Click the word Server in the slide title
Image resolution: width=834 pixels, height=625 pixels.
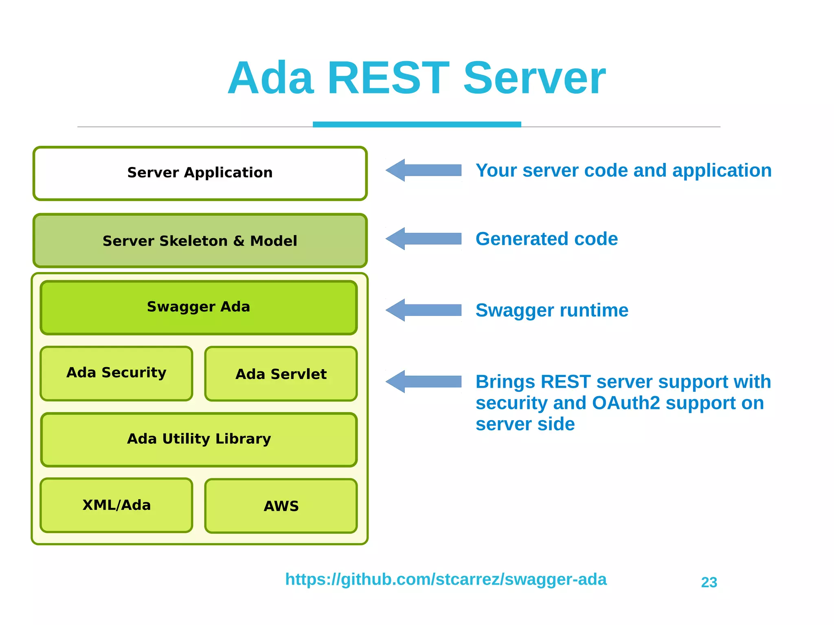[534, 78]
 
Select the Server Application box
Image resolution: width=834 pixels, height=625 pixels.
[200, 173]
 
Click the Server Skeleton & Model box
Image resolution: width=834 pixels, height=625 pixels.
[200, 241]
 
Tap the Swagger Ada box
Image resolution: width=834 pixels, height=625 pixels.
[199, 307]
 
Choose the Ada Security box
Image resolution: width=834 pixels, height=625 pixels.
[116, 373]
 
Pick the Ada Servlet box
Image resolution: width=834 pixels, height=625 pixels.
[281, 374]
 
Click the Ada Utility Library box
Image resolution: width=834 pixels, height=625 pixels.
[199, 439]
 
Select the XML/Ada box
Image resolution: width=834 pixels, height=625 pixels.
[116, 505]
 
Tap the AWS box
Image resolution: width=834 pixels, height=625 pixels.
[281, 506]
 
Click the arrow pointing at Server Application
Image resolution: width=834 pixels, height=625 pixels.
[424, 170]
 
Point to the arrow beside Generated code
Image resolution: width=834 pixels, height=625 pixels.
[424, 239]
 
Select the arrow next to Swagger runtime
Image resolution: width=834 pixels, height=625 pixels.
[424, 310]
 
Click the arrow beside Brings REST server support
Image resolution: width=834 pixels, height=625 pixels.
[424, 382]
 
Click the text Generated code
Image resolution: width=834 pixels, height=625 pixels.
[546, 239]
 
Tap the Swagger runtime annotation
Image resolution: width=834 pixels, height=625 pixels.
[552, 310]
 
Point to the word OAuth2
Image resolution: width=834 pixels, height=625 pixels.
[625, 403]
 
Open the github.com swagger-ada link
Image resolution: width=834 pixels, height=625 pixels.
[446, 579]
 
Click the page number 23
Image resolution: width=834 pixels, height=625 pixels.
[709, 582]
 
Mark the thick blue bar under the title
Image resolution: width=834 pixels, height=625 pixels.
[417, 124]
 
